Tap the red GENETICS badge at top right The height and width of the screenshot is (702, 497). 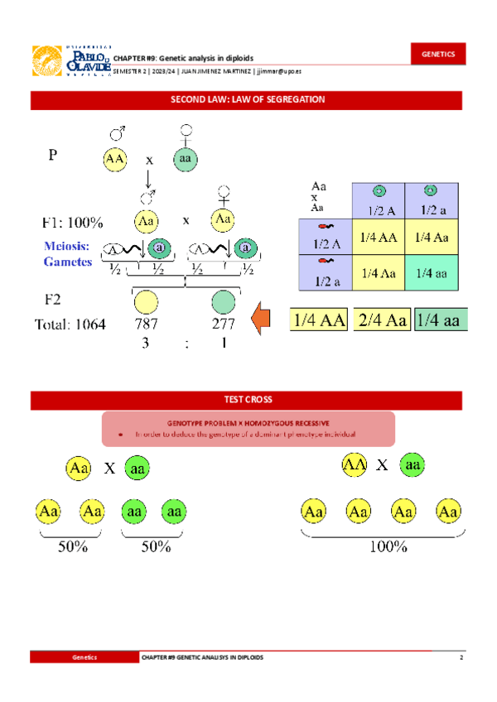point(438,54)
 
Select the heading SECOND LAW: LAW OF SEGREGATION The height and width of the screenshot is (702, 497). point(248,99)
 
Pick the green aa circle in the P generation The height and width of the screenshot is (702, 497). point(186,159)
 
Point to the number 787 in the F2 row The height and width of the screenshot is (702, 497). point(147,324)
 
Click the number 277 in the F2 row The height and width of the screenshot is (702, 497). point(223,324)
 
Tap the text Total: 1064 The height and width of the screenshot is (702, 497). point(70,325)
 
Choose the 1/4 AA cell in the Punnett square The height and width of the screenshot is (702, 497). point(379,238)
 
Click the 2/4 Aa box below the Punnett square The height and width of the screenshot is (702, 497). point(381,320)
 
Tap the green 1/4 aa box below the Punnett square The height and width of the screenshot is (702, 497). point(442,320)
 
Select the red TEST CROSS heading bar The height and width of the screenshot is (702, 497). point(248,400)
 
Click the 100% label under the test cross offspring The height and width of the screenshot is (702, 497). point(388,546)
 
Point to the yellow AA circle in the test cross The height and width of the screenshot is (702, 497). point(354,465)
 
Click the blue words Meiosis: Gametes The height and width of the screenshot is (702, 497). point(67,253)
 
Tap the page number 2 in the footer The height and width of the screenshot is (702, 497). point(461,656)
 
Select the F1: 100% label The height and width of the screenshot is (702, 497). point(73,223)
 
